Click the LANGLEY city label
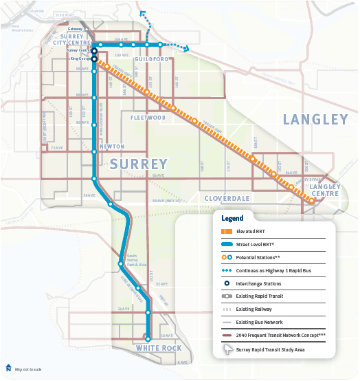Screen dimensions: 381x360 pyautogui.click(x=315, y=120)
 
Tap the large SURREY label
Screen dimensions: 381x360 pyautogui.click(x=138, y=164)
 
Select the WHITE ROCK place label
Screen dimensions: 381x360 pyautogui.click(x=159, y=348)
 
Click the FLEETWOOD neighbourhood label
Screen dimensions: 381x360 pyautogui.click(x=148, y=118)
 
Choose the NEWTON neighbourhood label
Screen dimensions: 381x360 pyautogui.click(x=111, y=146)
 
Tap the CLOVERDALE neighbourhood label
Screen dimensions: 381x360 pyautogui.click(x=227, y=197)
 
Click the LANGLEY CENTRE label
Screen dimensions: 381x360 pyautogui.click(x=325, y=190)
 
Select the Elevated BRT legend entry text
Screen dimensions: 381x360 pyautogui.click(x=251, y=232)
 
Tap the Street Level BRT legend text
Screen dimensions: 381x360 pyautogui.click(x=255, y=245)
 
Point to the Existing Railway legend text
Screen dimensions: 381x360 pyautogui.click(x=253, y=309)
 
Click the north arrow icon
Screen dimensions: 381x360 pyautogui.click(x=8, y=367)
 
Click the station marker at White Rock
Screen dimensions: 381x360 pyautogui.click(x=148, y=338)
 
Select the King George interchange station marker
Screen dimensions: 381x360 pyautogui.click(x=95, y=58)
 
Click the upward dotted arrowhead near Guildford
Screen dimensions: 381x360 pyautogui.click(x=142, y=12)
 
